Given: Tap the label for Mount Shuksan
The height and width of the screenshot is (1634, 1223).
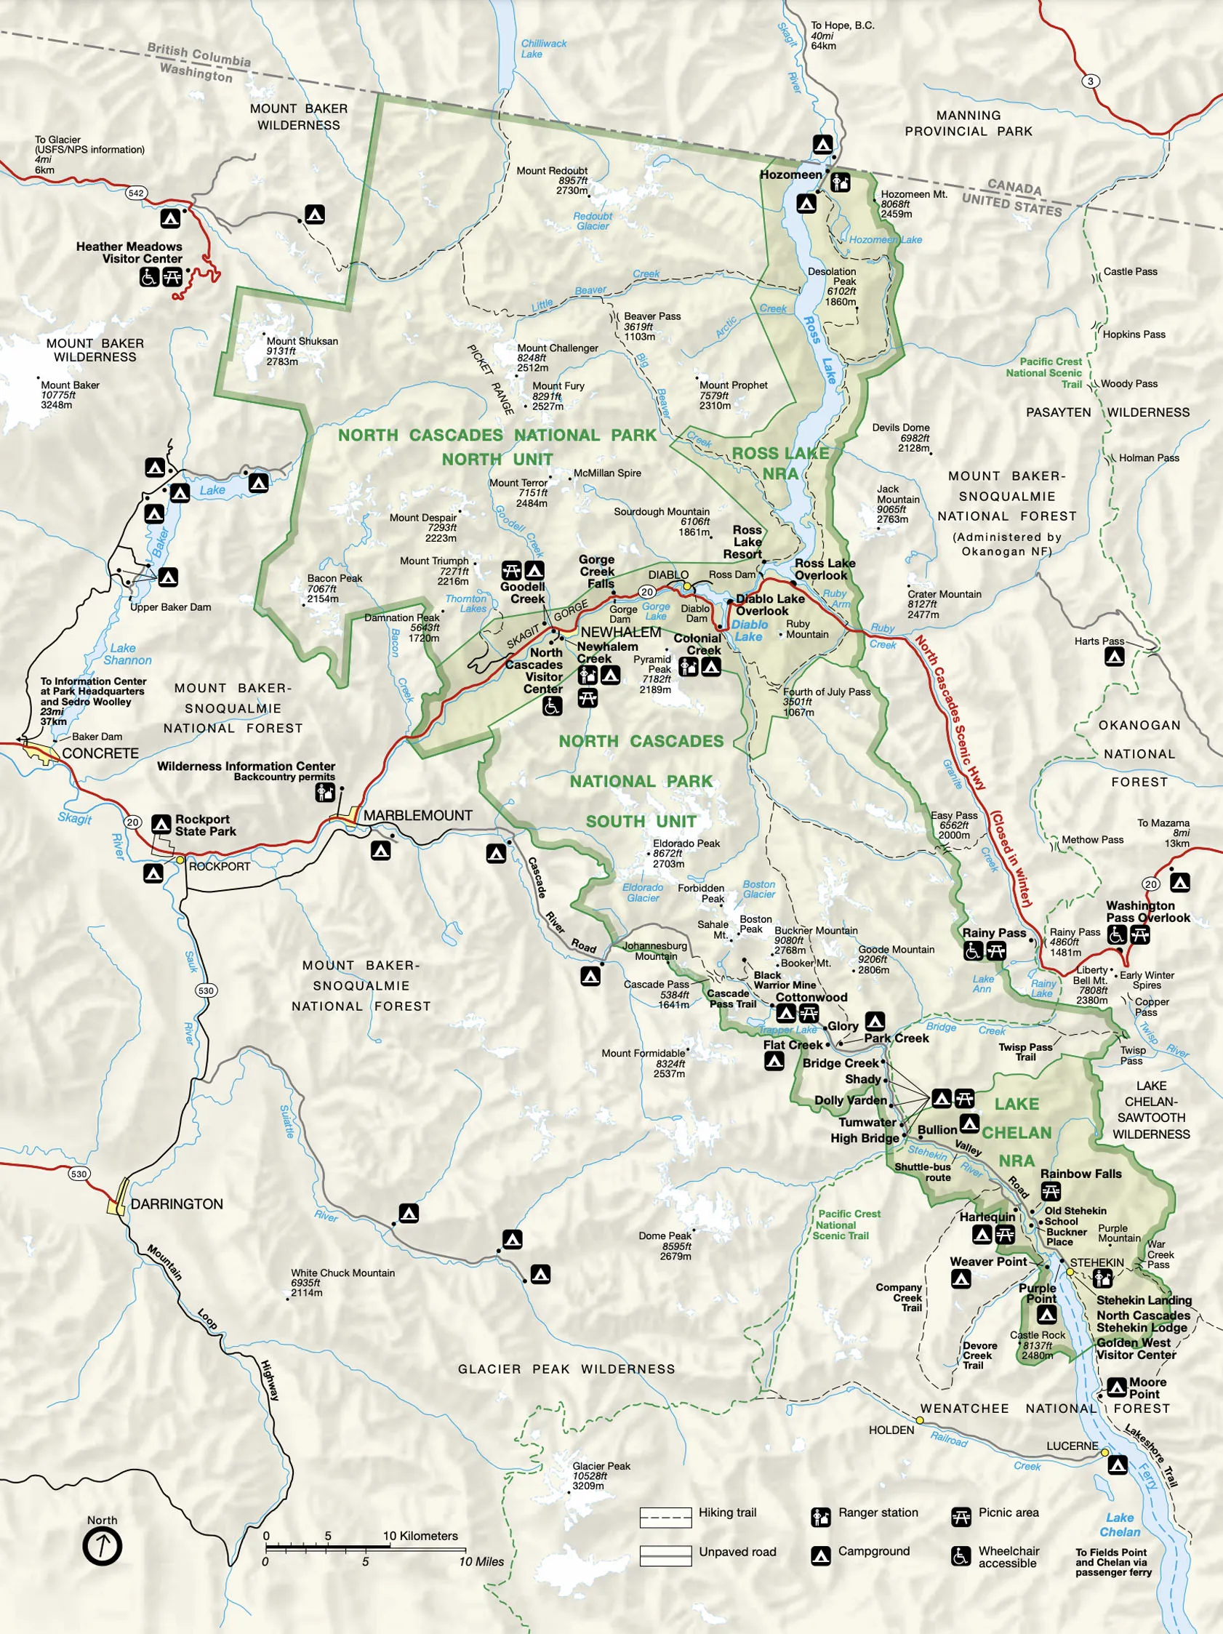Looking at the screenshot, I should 302,341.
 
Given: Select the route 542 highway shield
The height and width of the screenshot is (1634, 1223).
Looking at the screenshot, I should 136,193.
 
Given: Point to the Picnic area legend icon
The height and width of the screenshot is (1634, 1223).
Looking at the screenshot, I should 961,1512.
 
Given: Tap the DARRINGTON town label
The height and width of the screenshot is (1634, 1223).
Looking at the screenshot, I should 177,1204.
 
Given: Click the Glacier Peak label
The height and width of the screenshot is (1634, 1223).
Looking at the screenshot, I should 601,1465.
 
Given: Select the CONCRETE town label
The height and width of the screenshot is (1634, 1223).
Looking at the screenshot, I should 100,753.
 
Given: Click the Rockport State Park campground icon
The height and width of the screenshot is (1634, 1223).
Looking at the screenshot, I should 161,824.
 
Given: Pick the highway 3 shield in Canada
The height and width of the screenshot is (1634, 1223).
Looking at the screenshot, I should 1091,81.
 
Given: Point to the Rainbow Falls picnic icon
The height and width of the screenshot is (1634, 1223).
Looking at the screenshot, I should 1050,1191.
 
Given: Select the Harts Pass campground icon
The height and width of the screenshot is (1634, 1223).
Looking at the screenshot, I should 1114,655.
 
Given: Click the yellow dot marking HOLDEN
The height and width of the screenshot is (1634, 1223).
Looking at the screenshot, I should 921,1420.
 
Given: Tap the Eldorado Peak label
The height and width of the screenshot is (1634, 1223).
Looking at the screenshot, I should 686,843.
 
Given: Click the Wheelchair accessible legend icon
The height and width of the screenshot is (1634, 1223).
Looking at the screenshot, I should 961,1555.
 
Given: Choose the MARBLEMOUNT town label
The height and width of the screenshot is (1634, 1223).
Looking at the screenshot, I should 417,814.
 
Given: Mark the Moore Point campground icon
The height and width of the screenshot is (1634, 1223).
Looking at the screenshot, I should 1117,1387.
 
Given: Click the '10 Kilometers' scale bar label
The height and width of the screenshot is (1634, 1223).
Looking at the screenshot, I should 420,1536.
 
